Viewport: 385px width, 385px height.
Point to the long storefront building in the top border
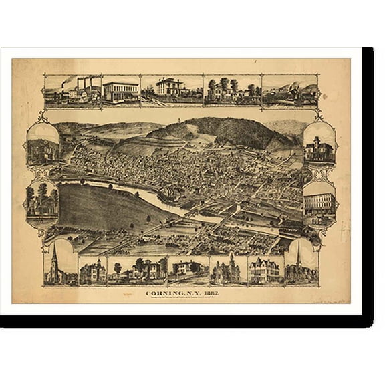(120, 91)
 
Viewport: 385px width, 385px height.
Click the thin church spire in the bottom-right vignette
(298, 257)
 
